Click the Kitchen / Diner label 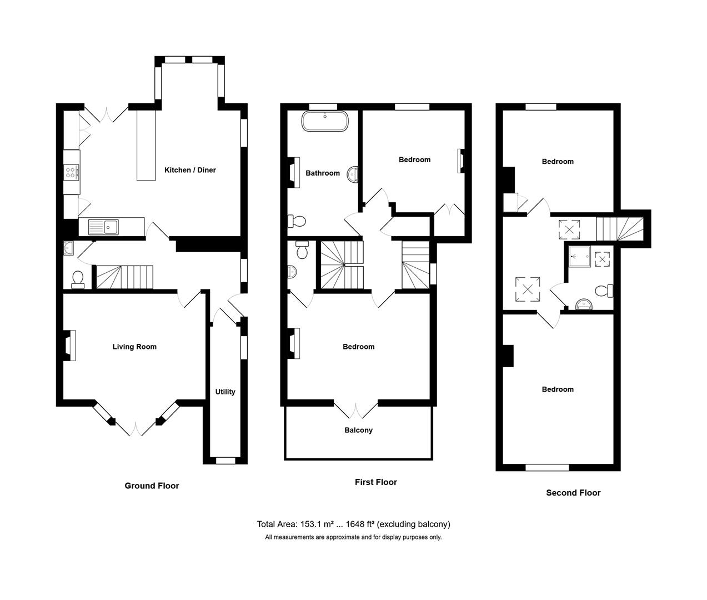point(190,170)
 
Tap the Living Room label point(134,347)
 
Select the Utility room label point(225,392)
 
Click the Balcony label point(358,430)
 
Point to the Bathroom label point(323,173)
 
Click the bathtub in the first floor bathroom point(325,122)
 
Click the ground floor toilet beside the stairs point(78,278)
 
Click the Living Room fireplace point(69,346)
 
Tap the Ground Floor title point(152,486)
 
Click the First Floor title point(376,482)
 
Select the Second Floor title point(573,492)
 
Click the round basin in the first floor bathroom point(353,175)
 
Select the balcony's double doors point(358,409)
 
